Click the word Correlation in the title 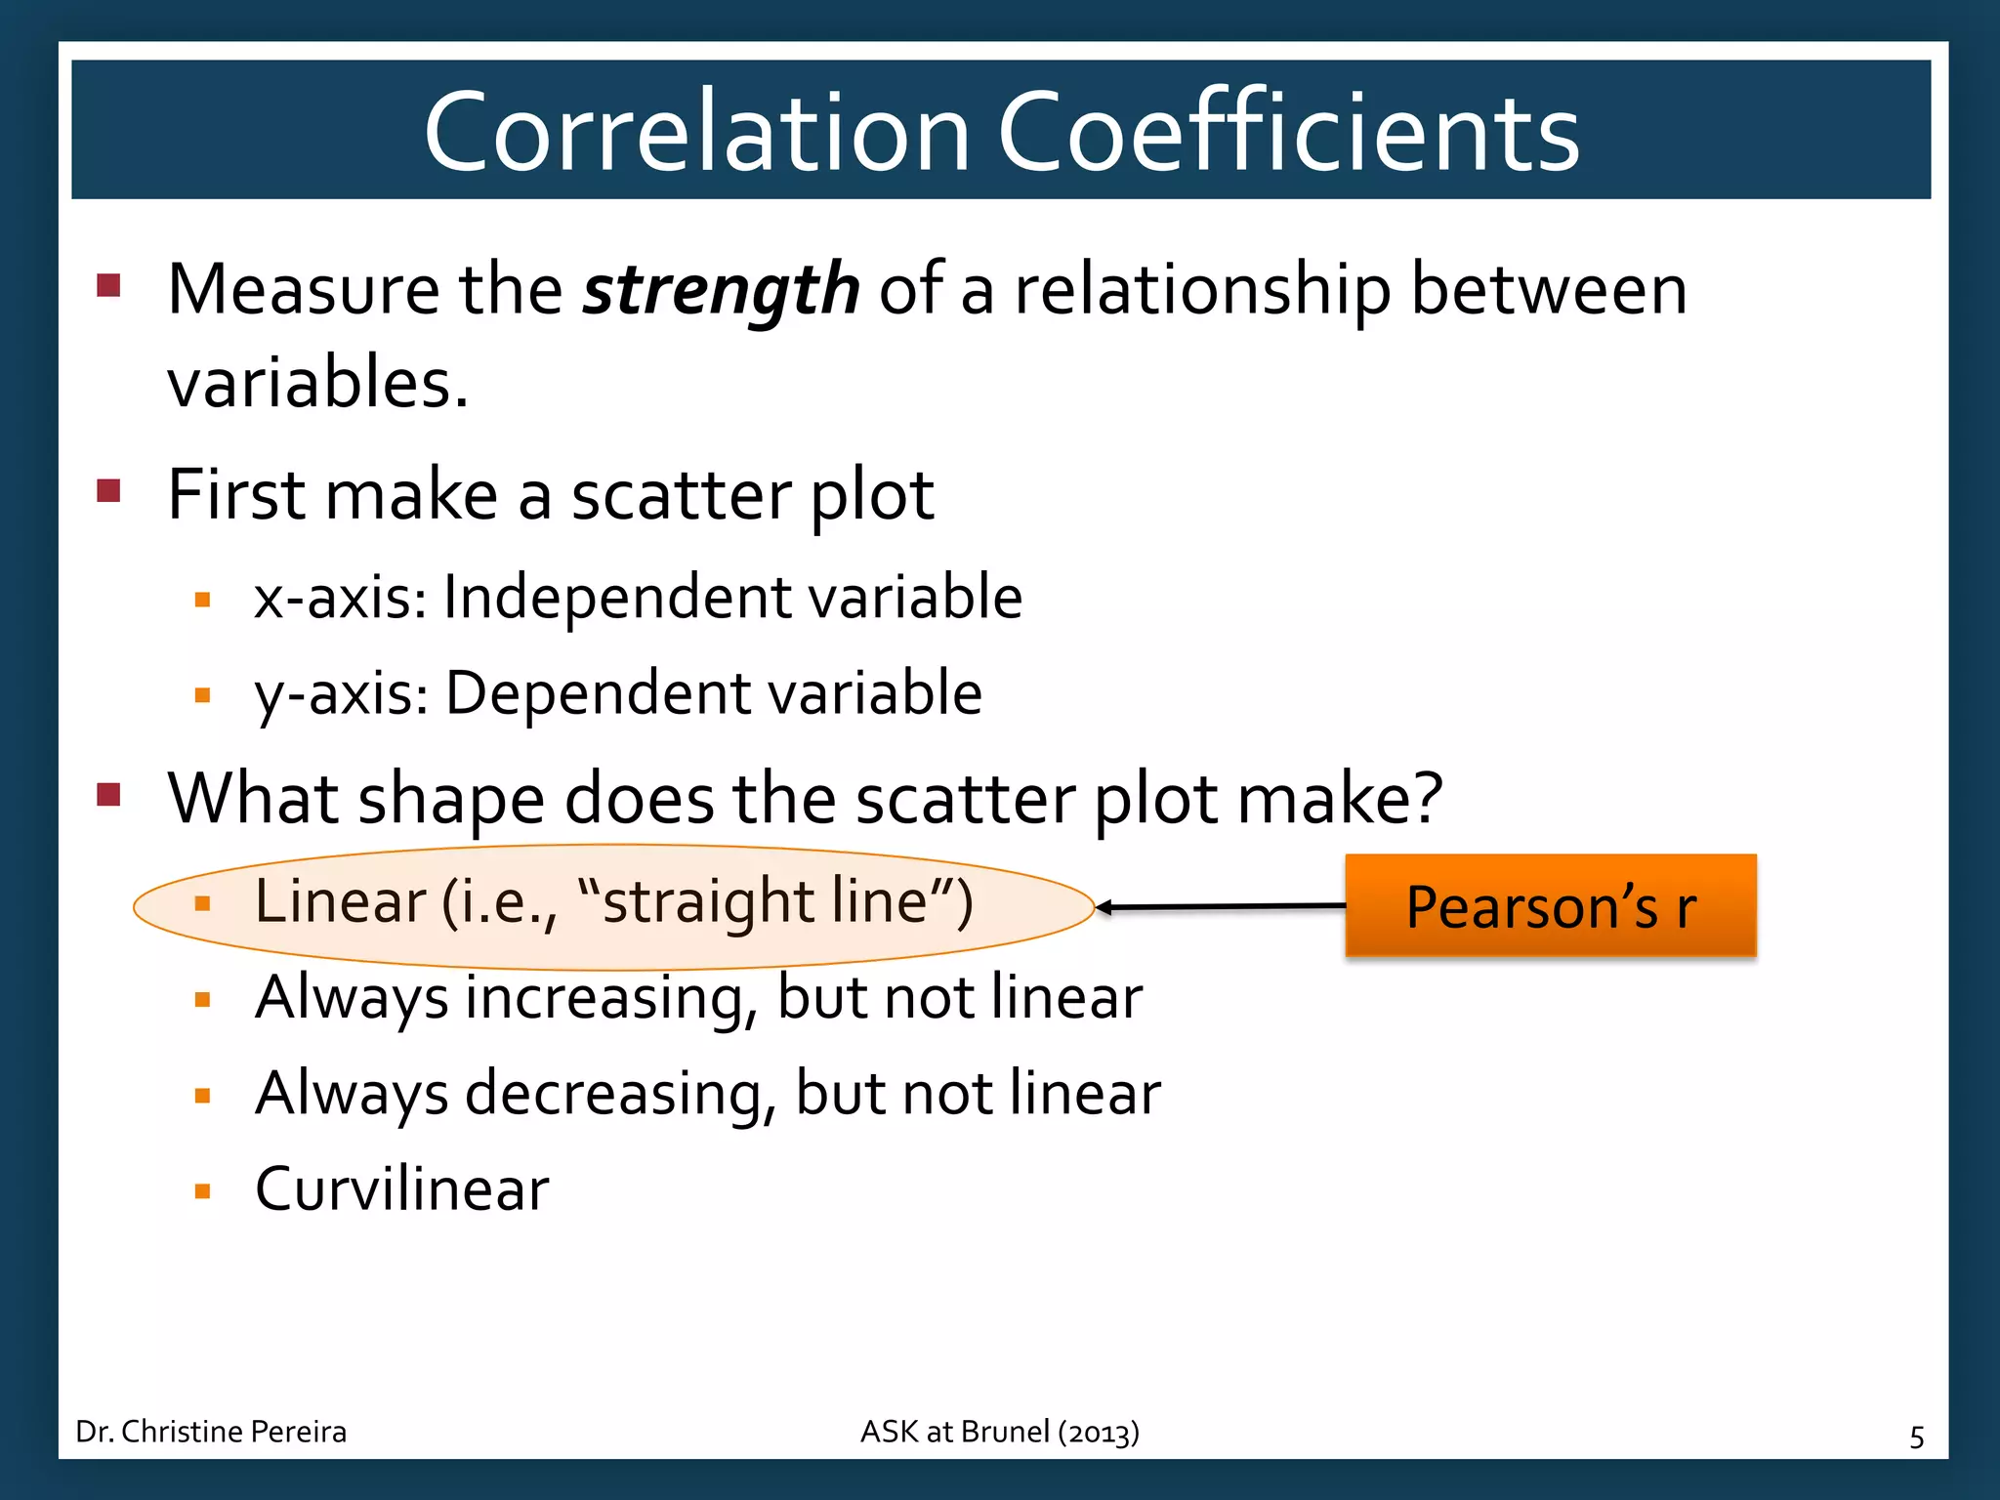(x=696, y=132)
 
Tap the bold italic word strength (x=721, y=291)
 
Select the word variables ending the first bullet (x=311, y=382)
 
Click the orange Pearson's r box (x=1550, y=905)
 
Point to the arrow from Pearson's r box (x=1221, y=907)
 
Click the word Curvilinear (x=401, y=1189)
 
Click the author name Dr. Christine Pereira (x=211, y=1432)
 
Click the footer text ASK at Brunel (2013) (x=999, y=1432)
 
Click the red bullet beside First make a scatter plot (x=108, y=490)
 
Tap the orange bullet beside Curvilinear (x=203, y=1191)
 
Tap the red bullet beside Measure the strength (x=108, y=285)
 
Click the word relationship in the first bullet (x=1202, y=291)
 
